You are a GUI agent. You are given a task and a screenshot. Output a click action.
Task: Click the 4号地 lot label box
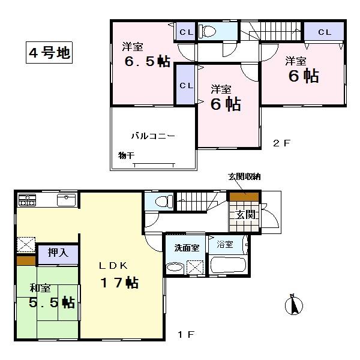point(49,52)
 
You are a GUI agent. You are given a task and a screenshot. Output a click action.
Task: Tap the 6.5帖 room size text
point(147,63)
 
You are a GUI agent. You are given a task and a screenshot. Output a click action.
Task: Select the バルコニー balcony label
point(154,136)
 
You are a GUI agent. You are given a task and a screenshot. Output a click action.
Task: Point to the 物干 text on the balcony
point(126,155)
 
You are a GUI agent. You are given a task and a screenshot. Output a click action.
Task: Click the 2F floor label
point(281,143)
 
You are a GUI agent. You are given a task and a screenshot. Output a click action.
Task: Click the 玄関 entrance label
point(244,215)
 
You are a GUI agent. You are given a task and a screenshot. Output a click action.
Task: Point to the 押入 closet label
point(58,253)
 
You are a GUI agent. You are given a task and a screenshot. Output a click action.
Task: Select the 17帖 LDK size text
point(123,282)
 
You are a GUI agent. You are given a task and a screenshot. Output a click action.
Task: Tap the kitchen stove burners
point(28,199)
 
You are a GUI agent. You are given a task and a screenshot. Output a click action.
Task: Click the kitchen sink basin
point(66,200)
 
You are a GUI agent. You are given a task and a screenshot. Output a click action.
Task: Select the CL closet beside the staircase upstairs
point(324,31)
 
